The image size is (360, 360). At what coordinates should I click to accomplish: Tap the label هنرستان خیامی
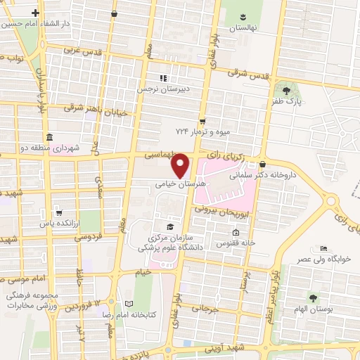coord(181,181)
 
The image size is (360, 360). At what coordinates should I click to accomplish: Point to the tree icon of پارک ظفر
coord(285,91)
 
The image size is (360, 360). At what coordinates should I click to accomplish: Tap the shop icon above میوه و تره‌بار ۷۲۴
coord(202,120)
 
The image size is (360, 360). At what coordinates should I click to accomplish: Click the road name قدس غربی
coord(82,51)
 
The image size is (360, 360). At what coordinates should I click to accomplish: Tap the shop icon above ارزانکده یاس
coord(59,210)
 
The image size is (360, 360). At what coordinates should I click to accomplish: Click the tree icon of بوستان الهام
coord(314,298)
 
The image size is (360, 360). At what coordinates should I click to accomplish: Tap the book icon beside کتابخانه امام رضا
coord(127,304)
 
